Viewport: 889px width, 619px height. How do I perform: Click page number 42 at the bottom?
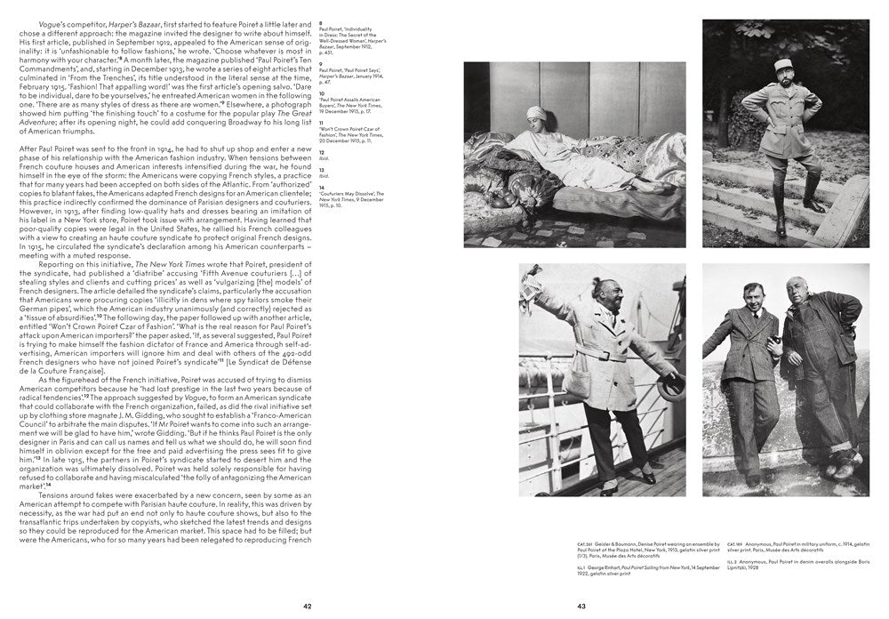tap(307, 606)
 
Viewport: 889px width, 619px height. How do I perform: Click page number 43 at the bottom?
tap(581, 606)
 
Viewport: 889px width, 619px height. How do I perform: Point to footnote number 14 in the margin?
tap(332, 186)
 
